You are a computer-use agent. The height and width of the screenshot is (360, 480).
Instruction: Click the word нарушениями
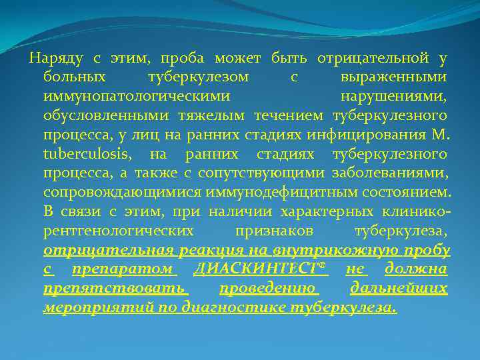[x=394, y=97]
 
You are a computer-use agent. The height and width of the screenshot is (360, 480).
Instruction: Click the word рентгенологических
[x=119, y=231]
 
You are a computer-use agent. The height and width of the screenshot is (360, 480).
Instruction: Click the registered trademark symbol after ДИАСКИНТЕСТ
[x=324, y=266]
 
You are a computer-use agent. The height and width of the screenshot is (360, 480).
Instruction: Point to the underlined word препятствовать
[x=115, y=289]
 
